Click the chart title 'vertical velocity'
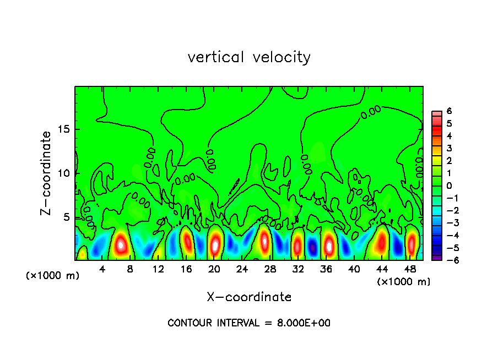(x=249, y=57)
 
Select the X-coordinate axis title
(x=249, y=297)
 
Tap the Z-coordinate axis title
(x=47, y=173)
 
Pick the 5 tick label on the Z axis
(x=66, y=217)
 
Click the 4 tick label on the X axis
(x=102, y=269)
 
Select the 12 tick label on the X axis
(x=158, y=269)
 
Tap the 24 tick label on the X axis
(x=242, y=269)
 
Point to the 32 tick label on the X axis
(x=298, y=269)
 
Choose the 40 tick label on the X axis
(x=354, y=269)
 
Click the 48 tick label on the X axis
(x=410, y=269)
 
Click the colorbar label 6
(x=449, y=111)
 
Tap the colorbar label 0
(x=449, y=186)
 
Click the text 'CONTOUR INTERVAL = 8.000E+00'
(x=249, y=323)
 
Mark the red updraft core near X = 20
(x=215, y=244)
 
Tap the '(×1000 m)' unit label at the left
(x=53, y=276)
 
